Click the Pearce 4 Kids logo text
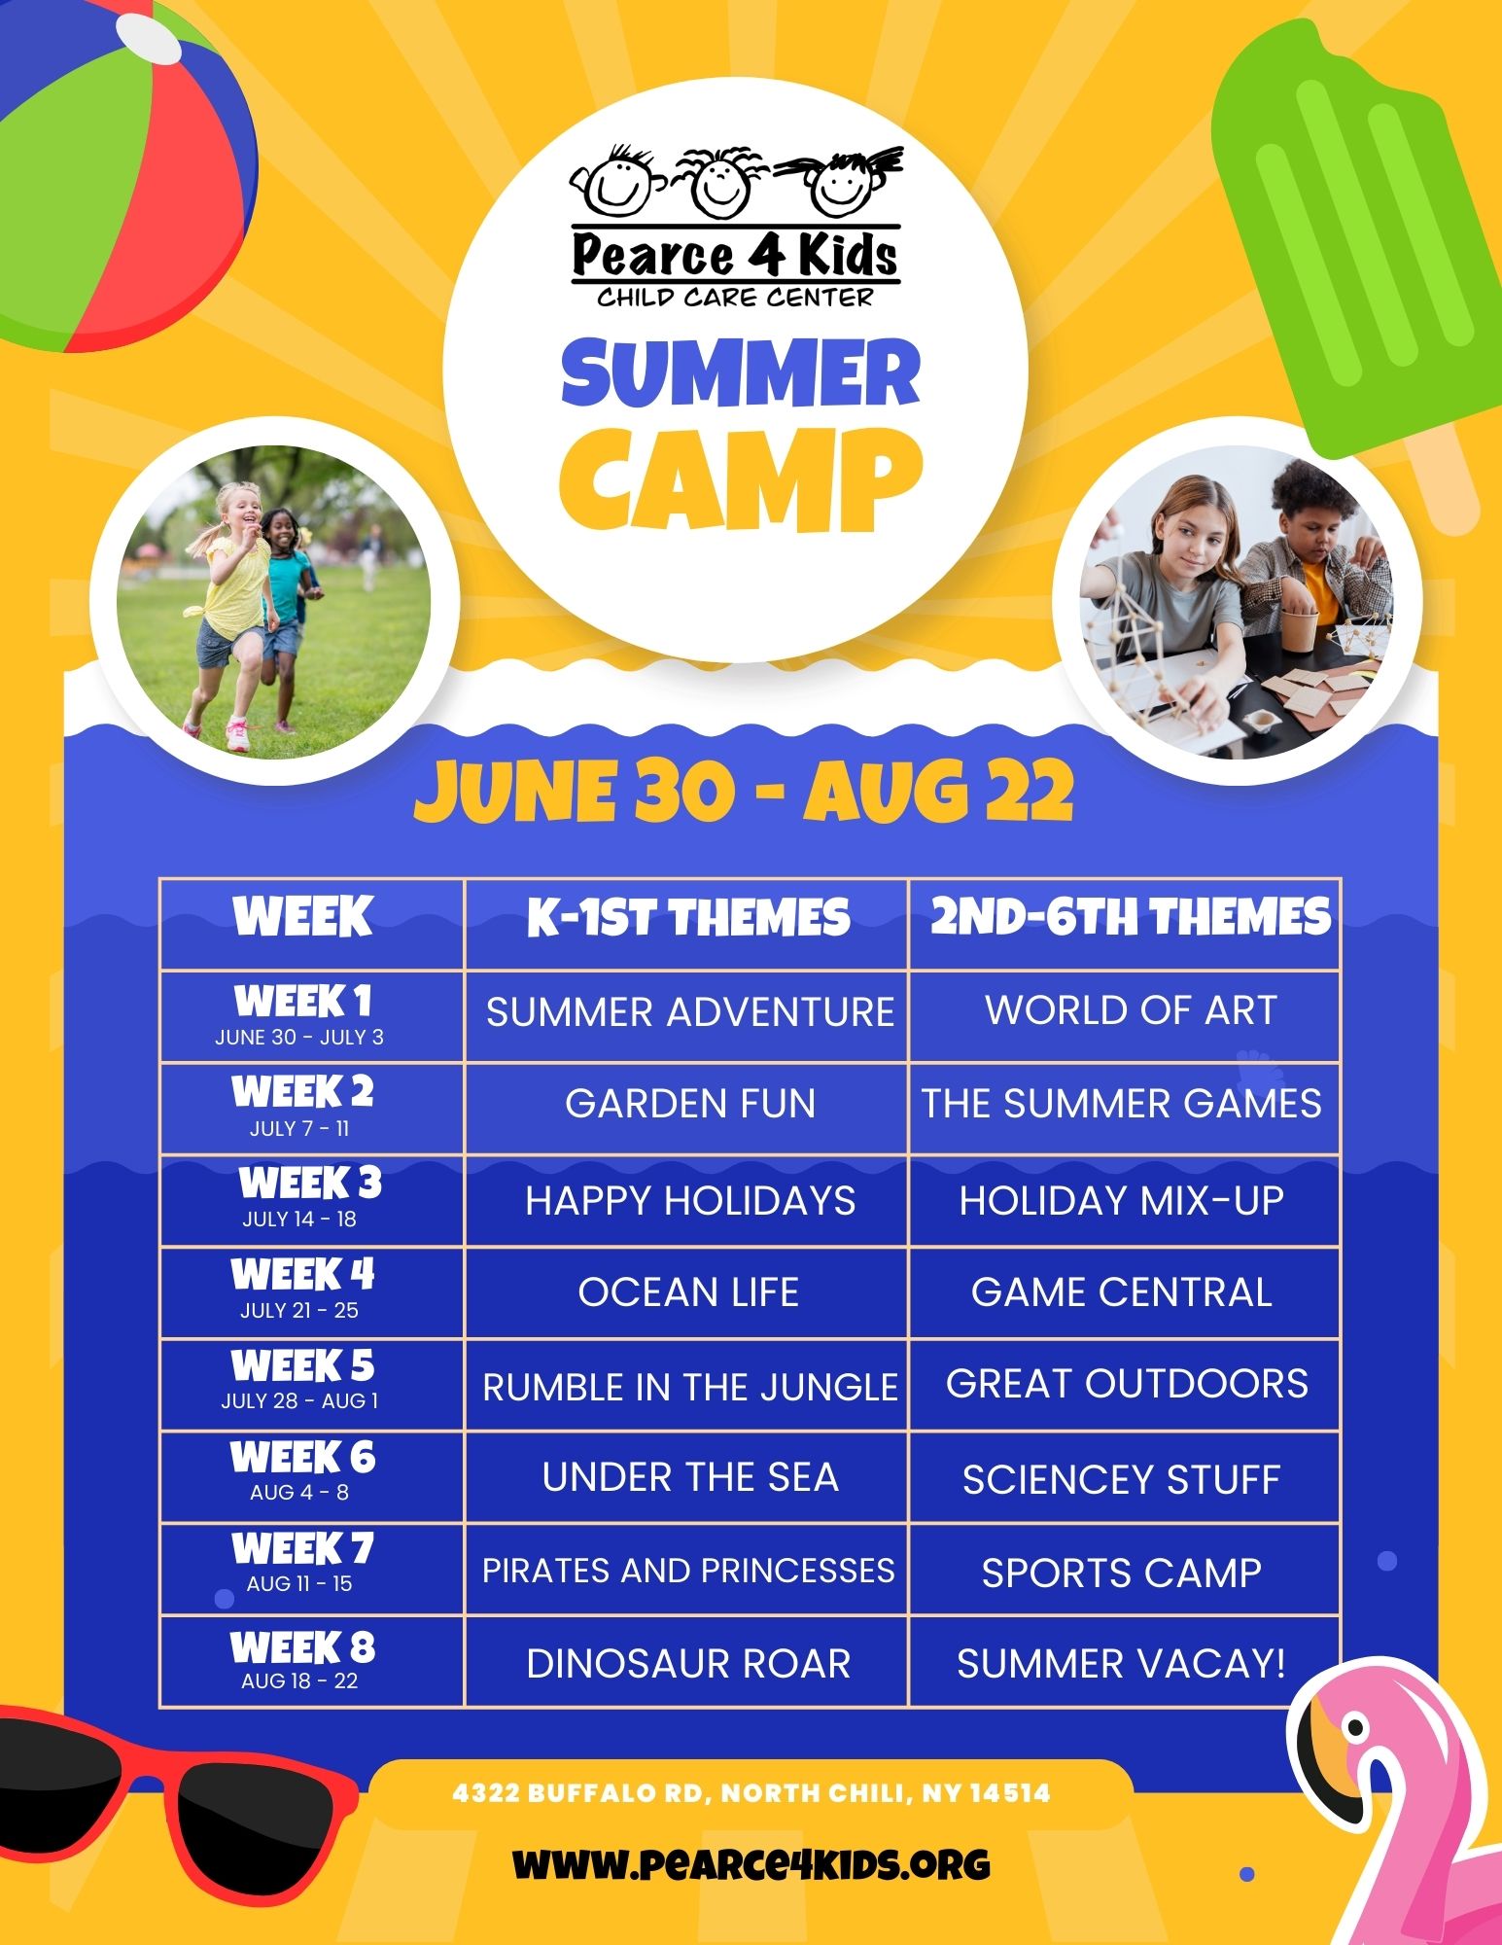[735, 255]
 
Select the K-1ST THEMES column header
[688, 918]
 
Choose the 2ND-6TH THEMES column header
[1131, 917]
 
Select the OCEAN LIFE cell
[688, 1292]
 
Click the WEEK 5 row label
[302, 1366]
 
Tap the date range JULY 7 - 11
[299, 1129]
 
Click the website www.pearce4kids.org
[751, 1864]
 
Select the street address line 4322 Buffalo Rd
[751, 1792]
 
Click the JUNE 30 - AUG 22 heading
[744, 792]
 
